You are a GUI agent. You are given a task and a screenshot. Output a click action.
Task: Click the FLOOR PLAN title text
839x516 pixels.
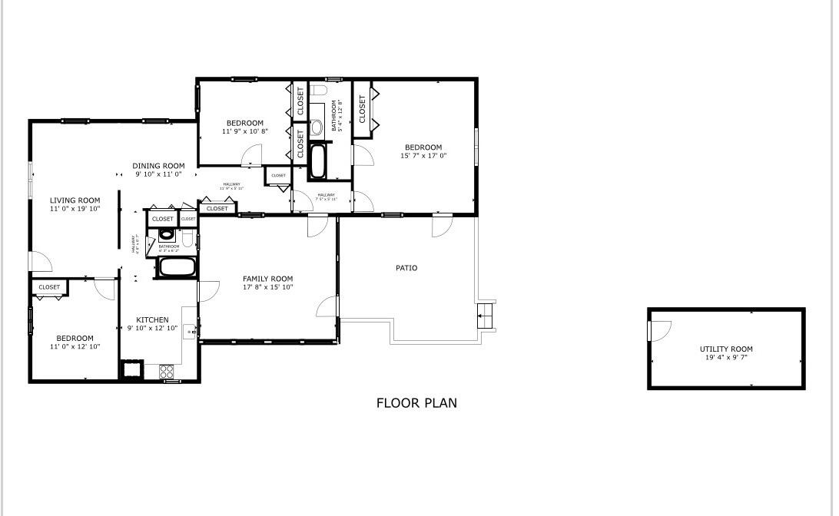416,402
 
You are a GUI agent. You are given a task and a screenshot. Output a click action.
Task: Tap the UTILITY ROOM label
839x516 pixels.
726,349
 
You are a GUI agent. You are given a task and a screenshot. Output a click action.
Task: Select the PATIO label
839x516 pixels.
406,268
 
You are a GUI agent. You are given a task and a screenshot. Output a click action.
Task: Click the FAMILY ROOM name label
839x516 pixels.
267,279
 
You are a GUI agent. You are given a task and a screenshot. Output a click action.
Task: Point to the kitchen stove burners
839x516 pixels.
167,372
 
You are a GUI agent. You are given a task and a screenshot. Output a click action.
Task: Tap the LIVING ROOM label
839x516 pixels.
75,200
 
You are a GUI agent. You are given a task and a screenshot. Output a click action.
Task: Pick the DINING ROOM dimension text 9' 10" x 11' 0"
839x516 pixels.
159,174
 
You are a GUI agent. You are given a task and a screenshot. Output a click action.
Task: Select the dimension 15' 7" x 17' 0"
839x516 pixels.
423,156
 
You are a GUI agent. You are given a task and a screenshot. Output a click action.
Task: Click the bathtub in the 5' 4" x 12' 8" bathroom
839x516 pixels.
318,161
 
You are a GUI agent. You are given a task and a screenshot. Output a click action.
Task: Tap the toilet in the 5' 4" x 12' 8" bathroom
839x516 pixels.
320,91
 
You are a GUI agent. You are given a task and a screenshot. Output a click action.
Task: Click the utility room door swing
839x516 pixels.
659,330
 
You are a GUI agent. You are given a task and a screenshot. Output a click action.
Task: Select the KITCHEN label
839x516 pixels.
152,320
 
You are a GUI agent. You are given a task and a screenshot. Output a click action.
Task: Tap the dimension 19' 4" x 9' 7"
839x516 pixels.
726,358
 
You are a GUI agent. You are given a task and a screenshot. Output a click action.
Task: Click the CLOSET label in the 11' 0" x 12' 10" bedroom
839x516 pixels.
49,287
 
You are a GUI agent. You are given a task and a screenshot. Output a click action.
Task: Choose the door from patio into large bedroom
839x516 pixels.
442,227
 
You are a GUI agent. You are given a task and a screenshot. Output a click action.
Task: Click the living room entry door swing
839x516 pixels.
41,261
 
